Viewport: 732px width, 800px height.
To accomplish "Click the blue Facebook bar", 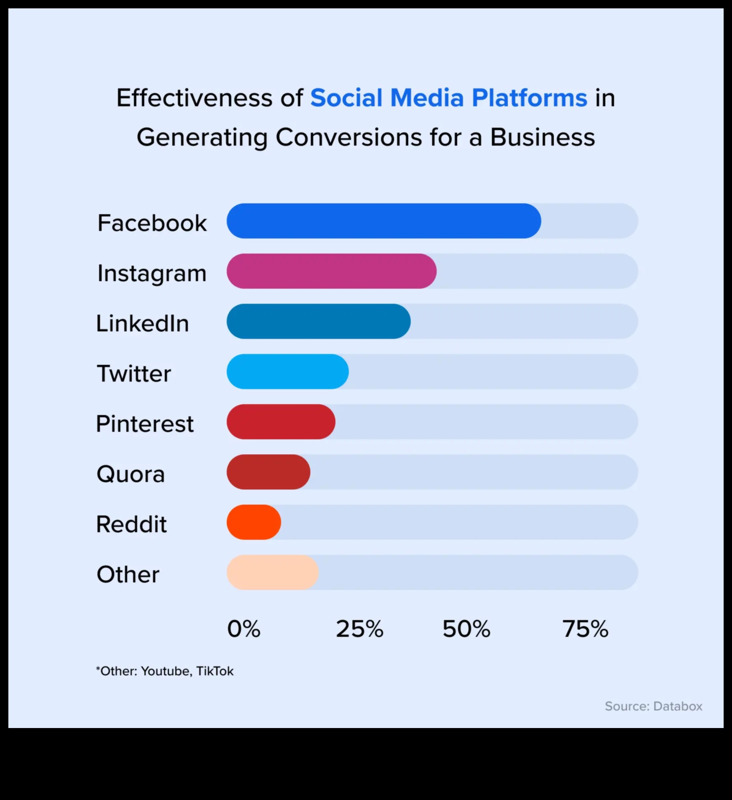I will coord(384,221).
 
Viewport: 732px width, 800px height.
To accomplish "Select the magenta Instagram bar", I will coord(331,271).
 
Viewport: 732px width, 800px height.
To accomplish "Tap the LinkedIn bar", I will coord(318,321).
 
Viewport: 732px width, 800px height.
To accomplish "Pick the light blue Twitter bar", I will coord(287,372).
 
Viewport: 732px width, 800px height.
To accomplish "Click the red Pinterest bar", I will coord(281,422).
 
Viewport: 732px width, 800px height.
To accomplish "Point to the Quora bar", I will coord(268,472).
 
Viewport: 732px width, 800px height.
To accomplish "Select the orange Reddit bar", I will coord(253,522).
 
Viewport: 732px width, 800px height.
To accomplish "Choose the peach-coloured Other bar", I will coord(272,572).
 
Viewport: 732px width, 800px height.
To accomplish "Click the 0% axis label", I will coord(243,629).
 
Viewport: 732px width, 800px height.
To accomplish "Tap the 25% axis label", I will coord(359,629).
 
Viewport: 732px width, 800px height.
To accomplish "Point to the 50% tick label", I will coord(466,629).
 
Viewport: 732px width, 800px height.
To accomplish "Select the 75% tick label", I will coord(585,629).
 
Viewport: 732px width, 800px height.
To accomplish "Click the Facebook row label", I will coord(152,223).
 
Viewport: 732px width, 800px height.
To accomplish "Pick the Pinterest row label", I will coord(145,423).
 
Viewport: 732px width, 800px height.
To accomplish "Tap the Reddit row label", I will coord(131,524).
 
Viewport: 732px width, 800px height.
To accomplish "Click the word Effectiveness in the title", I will coord(194,98).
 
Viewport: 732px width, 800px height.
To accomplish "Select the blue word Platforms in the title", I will coord(529,98).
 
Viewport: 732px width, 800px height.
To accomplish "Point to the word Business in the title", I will coord(542,137).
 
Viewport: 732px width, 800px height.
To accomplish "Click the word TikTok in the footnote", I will coord(215,671).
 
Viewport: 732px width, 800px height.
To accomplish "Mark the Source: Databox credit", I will coord(653,706).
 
